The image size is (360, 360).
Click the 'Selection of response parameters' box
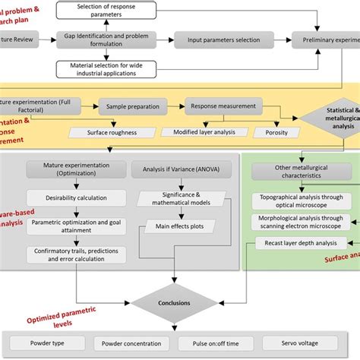point(106,11)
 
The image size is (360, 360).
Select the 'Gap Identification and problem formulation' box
point(106,40)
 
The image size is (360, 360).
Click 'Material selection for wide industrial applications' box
point(106,70)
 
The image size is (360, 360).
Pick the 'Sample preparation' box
point(139,108)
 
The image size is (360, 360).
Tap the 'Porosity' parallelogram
point(276,132)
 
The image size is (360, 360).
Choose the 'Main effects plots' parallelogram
point(180,227)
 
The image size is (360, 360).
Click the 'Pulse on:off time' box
point(213,344)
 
